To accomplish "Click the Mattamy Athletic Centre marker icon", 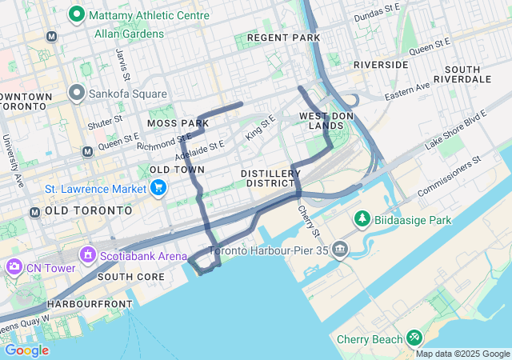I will (x=77, y=14).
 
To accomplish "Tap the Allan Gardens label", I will (x=129, y=34).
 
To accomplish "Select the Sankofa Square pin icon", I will (x=77, y=94).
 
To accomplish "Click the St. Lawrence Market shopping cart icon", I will (x=158, y=188).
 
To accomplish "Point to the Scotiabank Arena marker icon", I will (x=88, y=255).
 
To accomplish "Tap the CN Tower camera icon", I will (x=14, y=266).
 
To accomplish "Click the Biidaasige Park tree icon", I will (x=362, y=219).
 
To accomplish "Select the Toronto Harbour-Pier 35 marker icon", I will (x=341, y=250).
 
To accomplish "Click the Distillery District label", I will (x=270, y=178).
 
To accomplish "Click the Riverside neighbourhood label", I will (x=381, y=64).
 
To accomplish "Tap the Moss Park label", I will (x=178, y=123).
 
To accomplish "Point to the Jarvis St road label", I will (x=124, y=63).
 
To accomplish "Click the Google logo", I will (x=26, y=350).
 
